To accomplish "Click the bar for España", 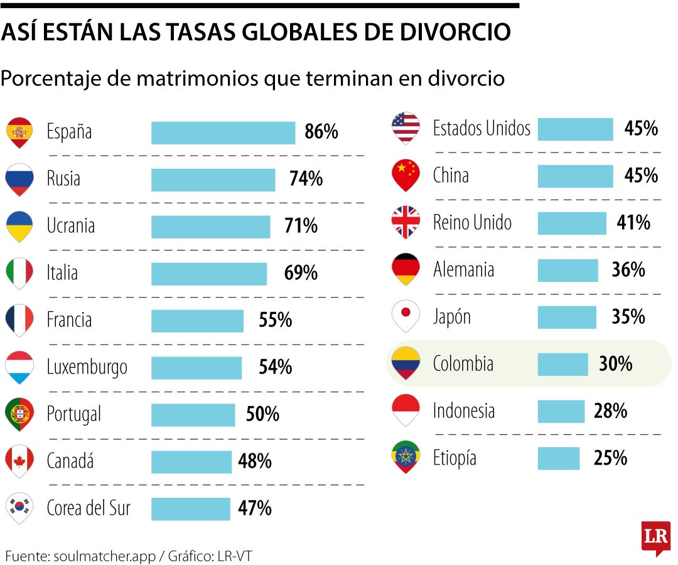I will click(223, 132).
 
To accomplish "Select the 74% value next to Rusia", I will click(306, 179).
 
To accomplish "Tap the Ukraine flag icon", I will click(19, 226).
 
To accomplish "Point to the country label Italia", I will click(62, 273).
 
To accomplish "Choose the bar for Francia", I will click(197, 321).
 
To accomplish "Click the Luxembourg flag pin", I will click(19, 367).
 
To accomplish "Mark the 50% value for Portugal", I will click(262, 414).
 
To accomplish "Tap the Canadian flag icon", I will click(19, 461).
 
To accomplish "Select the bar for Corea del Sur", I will click(191, 508).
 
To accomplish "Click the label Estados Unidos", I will click(482, 129).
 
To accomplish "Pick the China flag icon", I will click(405, 175).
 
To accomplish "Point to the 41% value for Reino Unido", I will click(633, 223).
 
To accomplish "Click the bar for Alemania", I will click(568, 270).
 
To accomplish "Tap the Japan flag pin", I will click(405, 316).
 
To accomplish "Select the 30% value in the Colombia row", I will click(615, 364).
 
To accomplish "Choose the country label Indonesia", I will click(464, 411).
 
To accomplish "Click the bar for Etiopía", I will click(559, 458).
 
